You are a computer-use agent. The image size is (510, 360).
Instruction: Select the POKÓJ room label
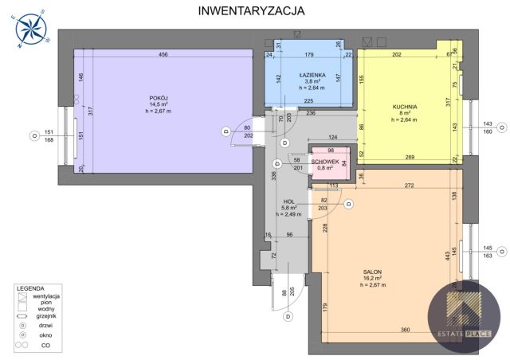[157, 98]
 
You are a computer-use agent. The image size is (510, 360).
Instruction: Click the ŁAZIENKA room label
[310, 74]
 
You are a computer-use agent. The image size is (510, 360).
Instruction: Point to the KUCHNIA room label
[405, 107]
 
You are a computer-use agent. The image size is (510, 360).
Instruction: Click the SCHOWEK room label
[325, 162]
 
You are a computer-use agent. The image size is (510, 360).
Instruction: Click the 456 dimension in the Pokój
[163, 55]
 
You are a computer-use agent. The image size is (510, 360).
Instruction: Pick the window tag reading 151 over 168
[49, 136]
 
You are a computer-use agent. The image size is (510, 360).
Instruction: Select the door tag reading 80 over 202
[247, 131]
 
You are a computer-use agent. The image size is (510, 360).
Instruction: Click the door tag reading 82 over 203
[323, 204]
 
